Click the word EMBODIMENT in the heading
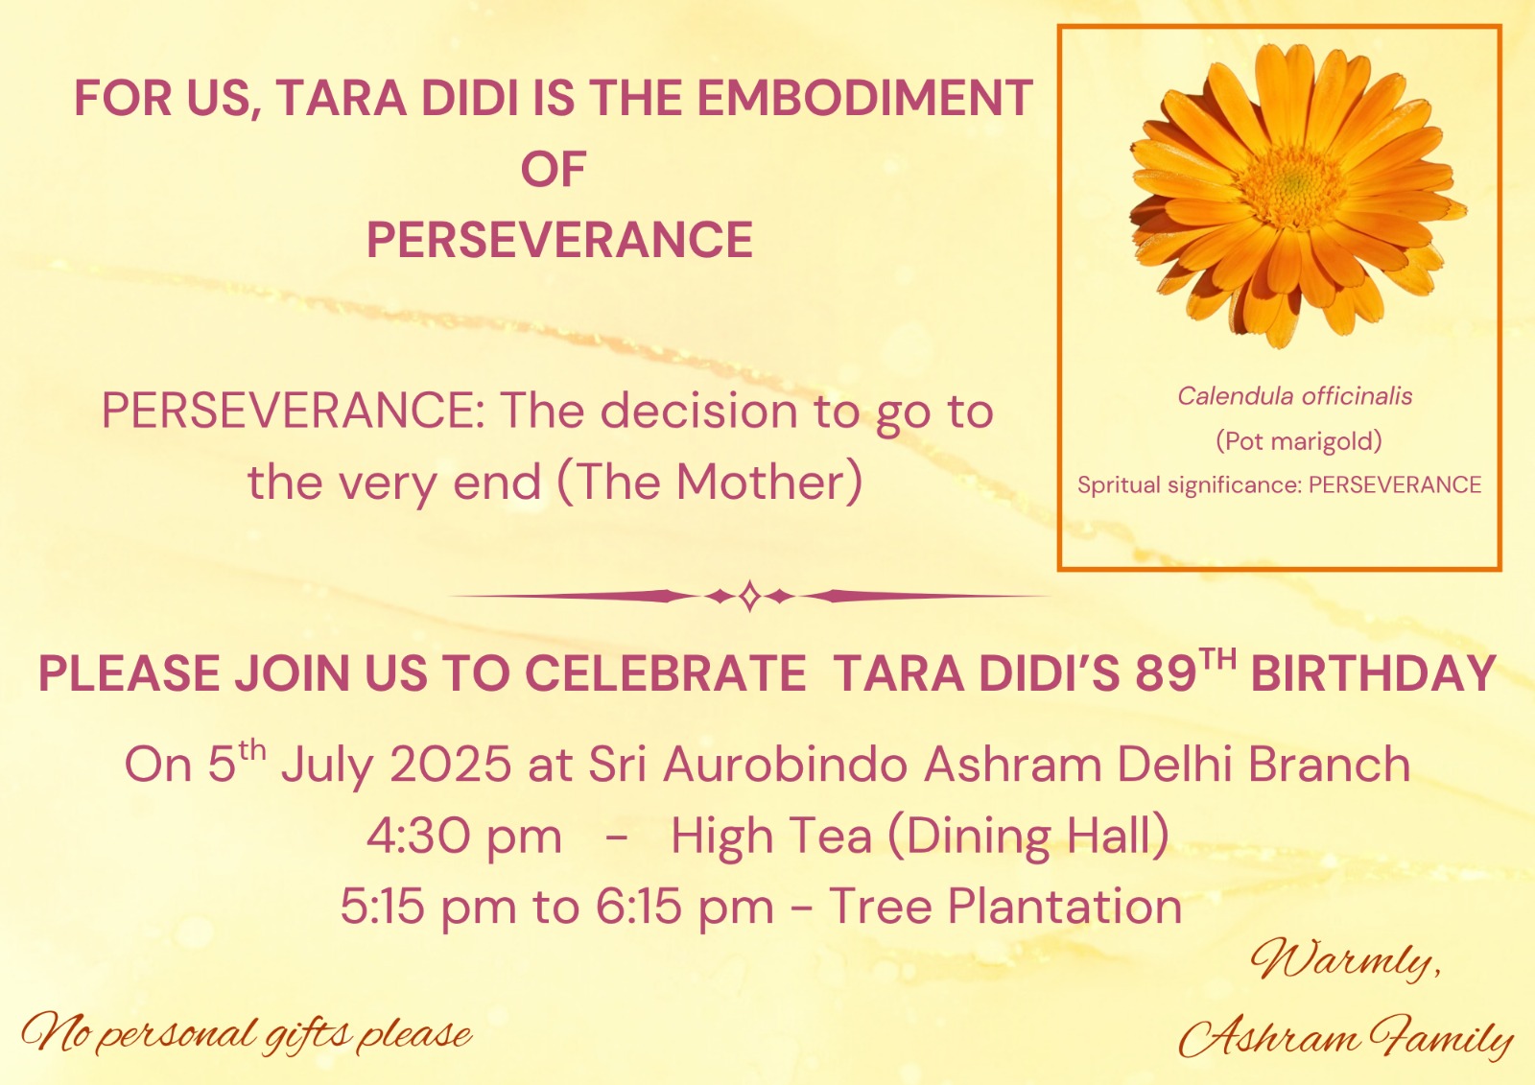[x=864, y=97]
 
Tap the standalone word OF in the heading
[x=553, y=169]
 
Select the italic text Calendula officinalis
[x=1295, y=396]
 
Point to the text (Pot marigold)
[x=1299, y=440]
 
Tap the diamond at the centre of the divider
[x=749, y=596]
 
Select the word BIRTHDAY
[x=1373, y=673]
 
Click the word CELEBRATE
[x=666, y=673]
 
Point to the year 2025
[x=450, y=764]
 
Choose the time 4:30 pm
[x=464, y=837]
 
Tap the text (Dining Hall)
[x=1027, y=837]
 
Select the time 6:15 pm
[x=685, y=908]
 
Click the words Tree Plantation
[x=1006, y=907]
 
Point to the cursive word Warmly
[x=1346, y=962]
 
